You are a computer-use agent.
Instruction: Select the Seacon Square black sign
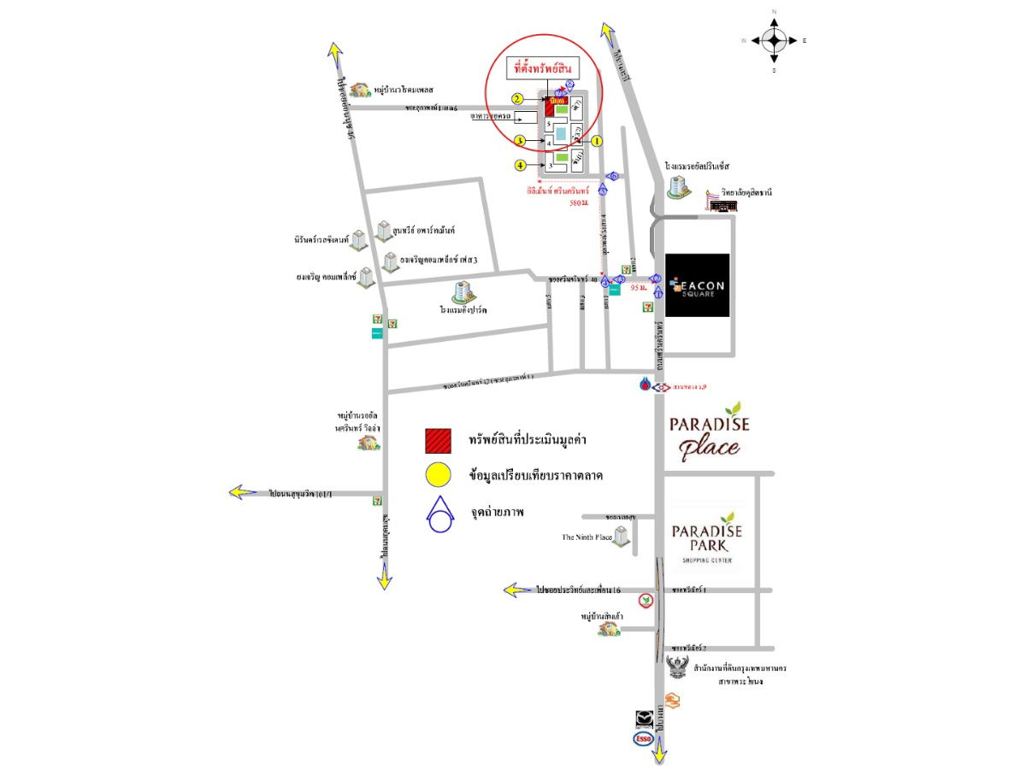(697, 285)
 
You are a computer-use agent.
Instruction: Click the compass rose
(774, 40)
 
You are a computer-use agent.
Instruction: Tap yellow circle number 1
(597, 140)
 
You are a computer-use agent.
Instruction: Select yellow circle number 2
(518, 99)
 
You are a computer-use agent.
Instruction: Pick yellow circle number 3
(518, 140)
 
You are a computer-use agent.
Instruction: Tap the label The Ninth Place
(587, 537)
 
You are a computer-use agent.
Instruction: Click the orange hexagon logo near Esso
(674, 701)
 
